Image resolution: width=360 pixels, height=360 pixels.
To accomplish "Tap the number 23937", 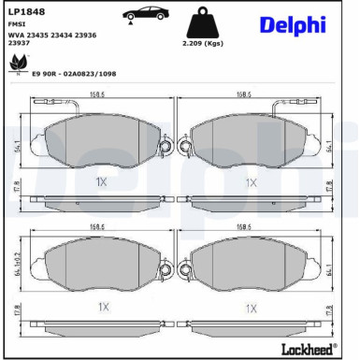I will point(18,43).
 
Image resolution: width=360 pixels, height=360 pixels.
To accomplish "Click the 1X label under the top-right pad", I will point(251,182).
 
